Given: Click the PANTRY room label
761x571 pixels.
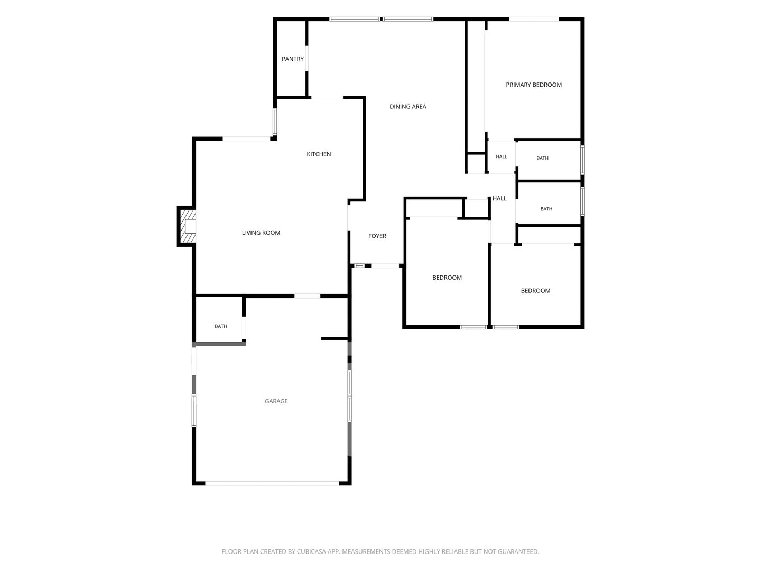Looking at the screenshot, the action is coord(292,59).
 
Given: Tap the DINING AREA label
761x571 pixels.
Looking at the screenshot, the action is coord(407,107).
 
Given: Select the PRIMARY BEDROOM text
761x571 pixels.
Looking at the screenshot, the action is coord(534,85).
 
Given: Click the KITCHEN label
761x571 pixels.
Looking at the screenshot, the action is coord(319,154).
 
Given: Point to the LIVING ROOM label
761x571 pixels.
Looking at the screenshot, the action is coord(261,233).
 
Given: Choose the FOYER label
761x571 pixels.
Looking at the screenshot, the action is coord(377,236).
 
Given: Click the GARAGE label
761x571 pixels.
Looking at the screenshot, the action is coord(276,401).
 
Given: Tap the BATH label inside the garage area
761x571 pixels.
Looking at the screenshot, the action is coord(221,326).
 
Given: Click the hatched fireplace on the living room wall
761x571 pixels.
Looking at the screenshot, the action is coord(187,226).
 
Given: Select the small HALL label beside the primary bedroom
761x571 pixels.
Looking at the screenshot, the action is coord(502,156).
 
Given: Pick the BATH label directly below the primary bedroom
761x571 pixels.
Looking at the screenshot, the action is coord(543,158).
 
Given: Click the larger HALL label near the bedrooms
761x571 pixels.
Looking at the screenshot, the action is coord(499,198).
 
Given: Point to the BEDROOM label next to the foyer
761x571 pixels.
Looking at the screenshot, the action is coord(447,278).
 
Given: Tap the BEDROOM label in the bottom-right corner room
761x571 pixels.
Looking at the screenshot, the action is coord(535,291).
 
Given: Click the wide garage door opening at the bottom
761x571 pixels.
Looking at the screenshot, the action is coord(272,483).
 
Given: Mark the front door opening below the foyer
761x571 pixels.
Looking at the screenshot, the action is coord(385,266).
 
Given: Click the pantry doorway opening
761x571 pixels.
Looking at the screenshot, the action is coord(307,59).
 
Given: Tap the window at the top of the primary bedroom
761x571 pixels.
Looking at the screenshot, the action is coord(534,19).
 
